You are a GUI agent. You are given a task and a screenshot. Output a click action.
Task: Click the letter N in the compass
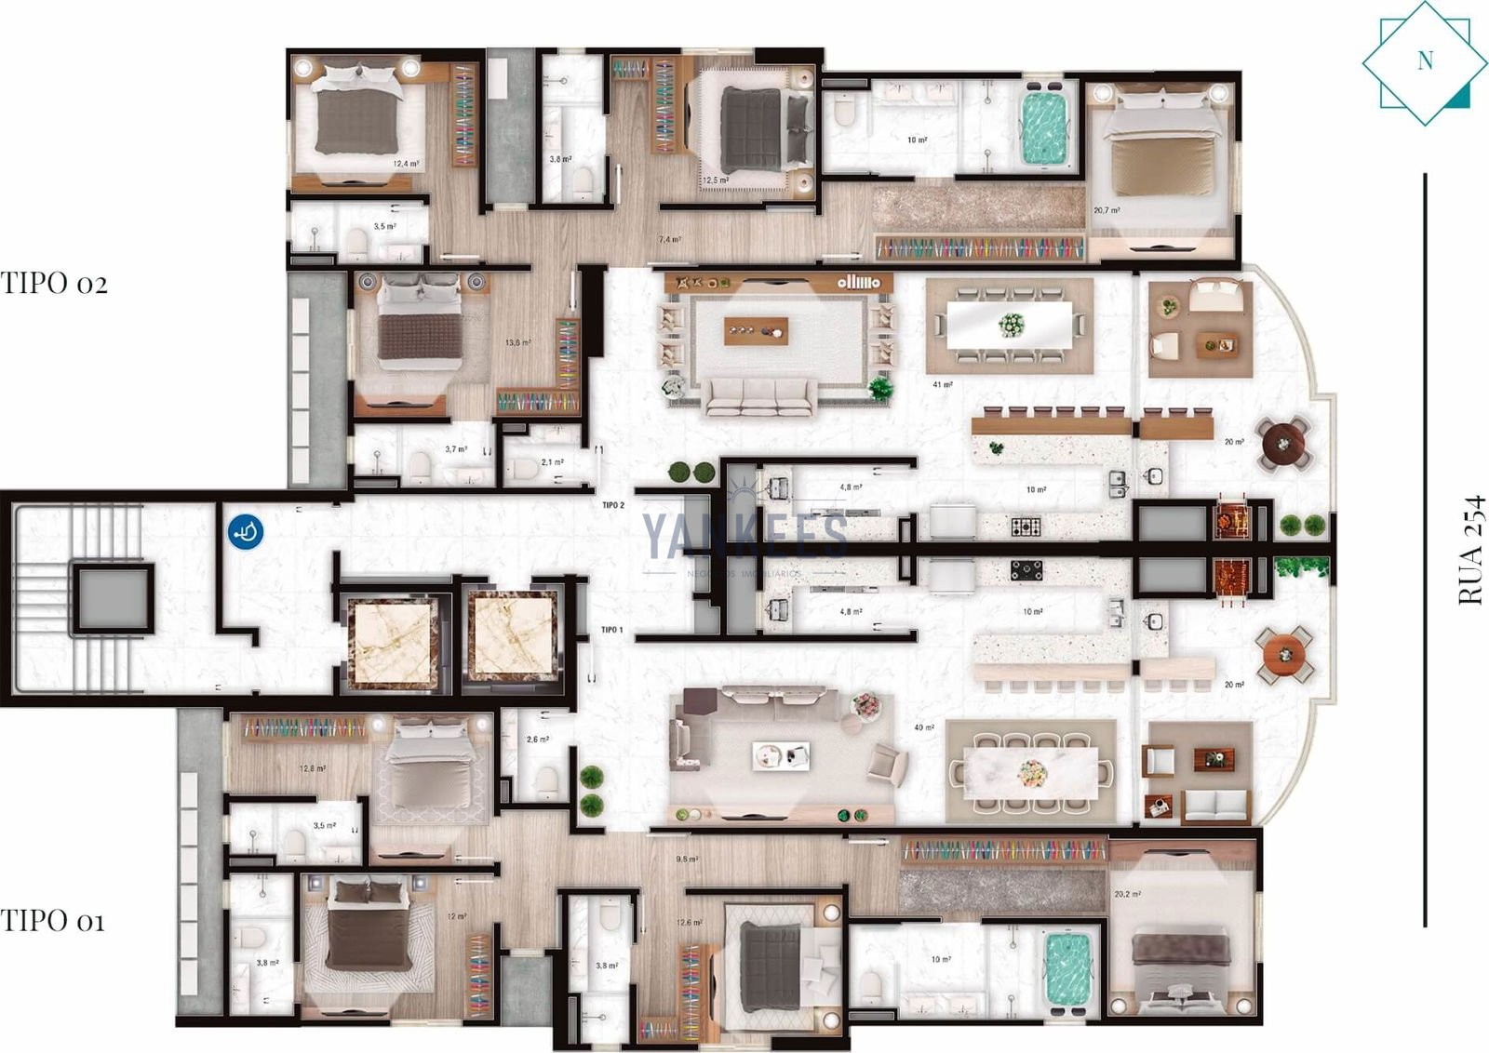pyautogui.click(x=1425, y=61)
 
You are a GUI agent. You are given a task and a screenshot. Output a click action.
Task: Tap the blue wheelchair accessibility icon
pyautogui.click(x=246, y=532)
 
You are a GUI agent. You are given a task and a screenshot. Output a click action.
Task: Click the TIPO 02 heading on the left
pyautogui.click(x=54, y=284)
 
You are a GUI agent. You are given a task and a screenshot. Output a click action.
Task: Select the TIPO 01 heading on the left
pyautogui.click(x=52, y=922)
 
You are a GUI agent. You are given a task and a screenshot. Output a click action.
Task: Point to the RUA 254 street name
pyautogui.click(x=1470, y=551)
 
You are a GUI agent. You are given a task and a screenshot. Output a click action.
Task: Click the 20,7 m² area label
pyautogui.click(x=1107, y=211)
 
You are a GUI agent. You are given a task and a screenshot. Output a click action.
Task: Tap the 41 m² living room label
pyautogui.click(x=942, y=384)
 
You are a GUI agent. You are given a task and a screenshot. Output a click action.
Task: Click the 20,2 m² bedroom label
pyautogui.click(x=1127, y=895)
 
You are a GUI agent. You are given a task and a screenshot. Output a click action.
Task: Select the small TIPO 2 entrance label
pyautogui.click(x=612, y=505)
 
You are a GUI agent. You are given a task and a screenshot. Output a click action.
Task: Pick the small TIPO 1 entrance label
pyautogui.click(x=611, y=630)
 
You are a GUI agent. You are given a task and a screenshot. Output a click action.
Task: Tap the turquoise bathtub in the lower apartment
pyautogui.click(x=1066, y=972)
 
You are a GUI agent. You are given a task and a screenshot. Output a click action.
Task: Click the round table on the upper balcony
pyautogui.click(x=1284, y=443)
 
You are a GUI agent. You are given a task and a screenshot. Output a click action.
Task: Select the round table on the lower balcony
pyautogui.click(x=1285, y=653)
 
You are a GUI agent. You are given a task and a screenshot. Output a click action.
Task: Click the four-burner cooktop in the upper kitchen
pyautogui.click(x=1026, y=527)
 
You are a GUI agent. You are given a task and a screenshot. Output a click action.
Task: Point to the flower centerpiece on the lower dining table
pyautogui.click(x=1031, y=772)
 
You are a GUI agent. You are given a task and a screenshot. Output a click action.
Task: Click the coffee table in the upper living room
pyautogui.click(x=756, y=330)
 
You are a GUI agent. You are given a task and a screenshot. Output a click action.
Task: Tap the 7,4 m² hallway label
pyautogui.click(x=669, y=240)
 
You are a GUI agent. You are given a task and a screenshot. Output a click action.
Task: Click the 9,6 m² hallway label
pyautogui.click(x=687, y=860)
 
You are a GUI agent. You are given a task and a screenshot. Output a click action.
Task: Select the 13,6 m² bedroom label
pyautogui.click(x=517, y=343)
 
